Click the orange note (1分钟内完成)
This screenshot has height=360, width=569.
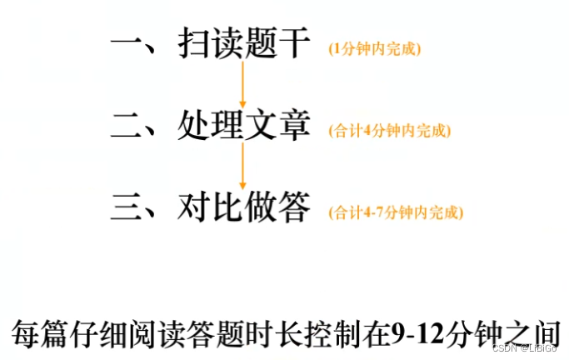pos(375,48)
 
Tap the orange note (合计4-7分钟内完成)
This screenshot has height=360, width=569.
pos(396,212)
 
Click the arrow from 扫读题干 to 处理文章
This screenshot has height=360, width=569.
pos(242,83)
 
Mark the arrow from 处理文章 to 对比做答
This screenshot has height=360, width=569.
pos(242,164)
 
